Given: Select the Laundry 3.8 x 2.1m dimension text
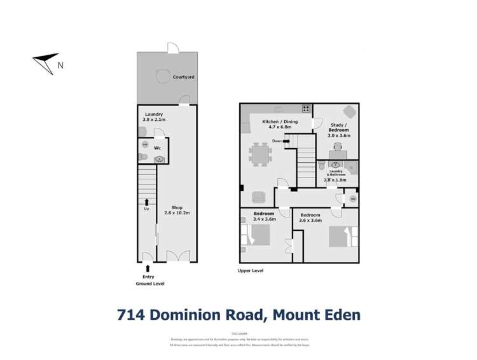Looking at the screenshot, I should click(x=153, y=118).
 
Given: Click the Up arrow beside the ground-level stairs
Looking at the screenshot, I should click(x=148, y=202).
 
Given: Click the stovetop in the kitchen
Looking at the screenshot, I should click(x=306, y=108).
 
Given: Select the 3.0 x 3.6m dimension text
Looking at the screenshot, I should click(x=338, y=135).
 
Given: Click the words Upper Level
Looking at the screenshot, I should click(x=250, y=270).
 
